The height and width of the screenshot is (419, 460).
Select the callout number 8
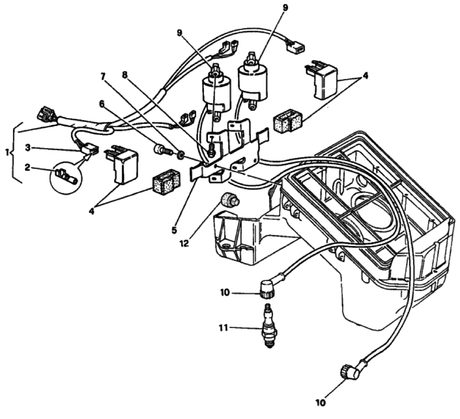[x=125, y=74]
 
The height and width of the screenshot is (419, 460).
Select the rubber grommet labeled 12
[x=228, y=200]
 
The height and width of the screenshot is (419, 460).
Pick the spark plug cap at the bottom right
[x=349, y=371]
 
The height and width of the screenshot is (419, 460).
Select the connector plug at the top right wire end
[x=299, y=47]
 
